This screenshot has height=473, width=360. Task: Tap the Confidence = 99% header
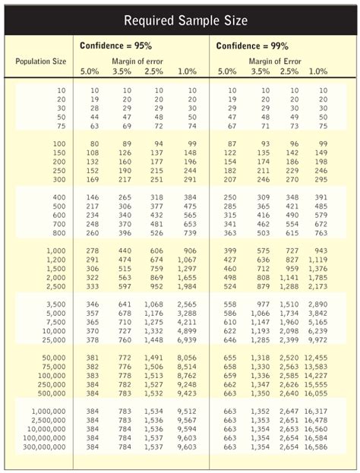tap(253, 46)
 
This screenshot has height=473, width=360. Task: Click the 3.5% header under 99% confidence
tap(260, 71)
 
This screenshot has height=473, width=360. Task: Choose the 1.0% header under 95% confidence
tap(186, 71)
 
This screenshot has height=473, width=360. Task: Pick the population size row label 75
tap(61, 125)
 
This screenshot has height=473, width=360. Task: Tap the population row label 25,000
tap(52, 340)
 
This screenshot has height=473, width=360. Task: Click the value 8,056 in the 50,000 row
tap(186, 358)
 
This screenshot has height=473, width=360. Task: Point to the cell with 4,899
tap(186, 331)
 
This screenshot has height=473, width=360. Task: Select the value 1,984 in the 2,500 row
tap(186, 286)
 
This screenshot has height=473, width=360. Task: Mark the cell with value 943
tap(320, 251)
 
